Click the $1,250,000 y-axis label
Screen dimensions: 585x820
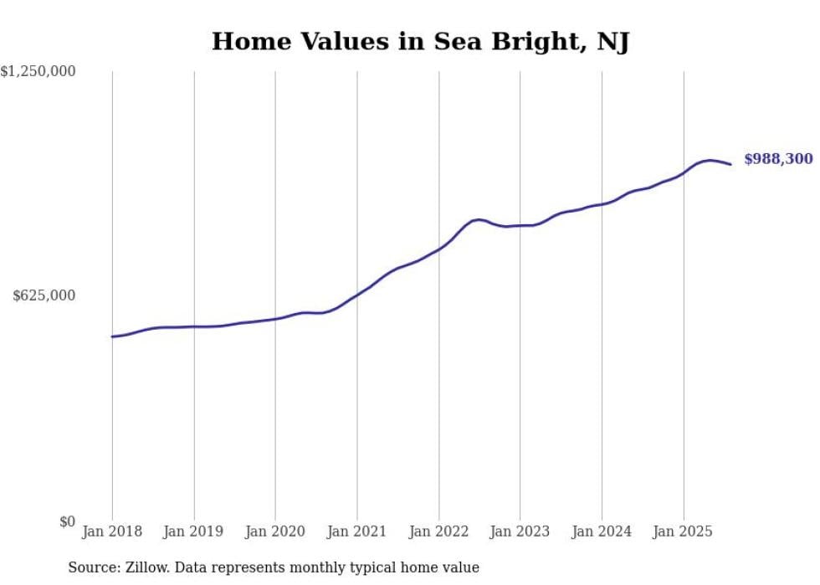click(x=38, y=72)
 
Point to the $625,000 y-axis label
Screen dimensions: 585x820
click(x=44, y=295)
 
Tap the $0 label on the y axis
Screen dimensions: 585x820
click(x=67, y=521)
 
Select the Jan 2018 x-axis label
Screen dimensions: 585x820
click(x=112, y=531)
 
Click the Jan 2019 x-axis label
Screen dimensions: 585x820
click(x=194, y=531)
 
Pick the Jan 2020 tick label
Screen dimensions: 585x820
click(x=275, y=531)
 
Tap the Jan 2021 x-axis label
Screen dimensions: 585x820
click(x=357, y=531)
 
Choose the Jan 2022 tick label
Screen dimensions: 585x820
click(x=438, y=531)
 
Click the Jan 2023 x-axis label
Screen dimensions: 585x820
click(x=520, y=531)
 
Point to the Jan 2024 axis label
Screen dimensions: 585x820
click(x=602, y=531)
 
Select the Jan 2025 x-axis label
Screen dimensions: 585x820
click(x=684, y=531)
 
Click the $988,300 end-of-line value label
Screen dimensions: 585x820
click(x=778, y=158)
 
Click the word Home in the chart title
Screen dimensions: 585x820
click(x=246, y=41)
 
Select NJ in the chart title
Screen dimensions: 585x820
click(x=612, y=41)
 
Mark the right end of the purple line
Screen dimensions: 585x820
click(x=731, y=164)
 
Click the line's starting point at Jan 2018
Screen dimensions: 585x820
click(x=112, y=336)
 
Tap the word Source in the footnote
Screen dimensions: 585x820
click(x=91, y=567)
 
